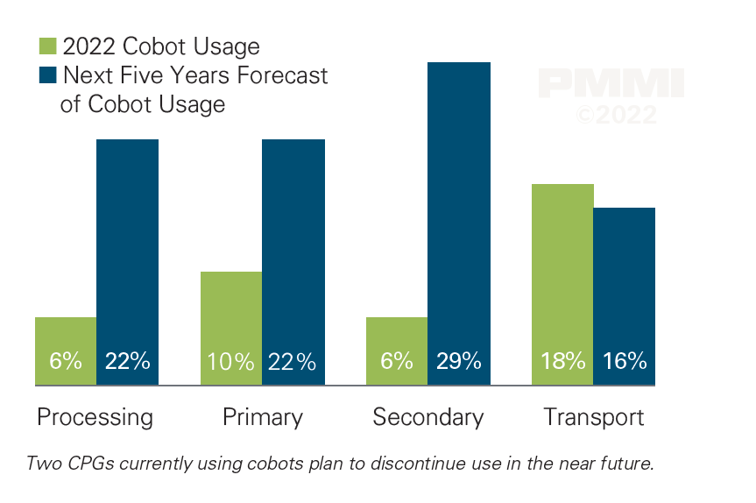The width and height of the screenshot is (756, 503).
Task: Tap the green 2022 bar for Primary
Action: (x=231, y=328)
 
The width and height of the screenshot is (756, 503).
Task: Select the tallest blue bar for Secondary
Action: (x=459, y=223)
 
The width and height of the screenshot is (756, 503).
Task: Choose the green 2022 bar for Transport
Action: (x=562, y=284)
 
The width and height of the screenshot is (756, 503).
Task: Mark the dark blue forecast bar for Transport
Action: (x=625, y=295)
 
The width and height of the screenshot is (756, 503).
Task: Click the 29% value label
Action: (x=459, y=361)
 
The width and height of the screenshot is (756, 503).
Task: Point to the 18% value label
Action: (x=562, y=361)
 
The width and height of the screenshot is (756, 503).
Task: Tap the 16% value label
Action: (x=625, y=361)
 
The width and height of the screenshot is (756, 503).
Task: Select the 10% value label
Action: (x=231, y=361)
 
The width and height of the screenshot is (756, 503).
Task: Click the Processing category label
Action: (x=95, y=417)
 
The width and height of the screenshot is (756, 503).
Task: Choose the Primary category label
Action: (x=262, y=417)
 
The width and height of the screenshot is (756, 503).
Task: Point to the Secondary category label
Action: (x=427, y=417)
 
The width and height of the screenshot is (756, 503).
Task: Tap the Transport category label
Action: (x=594, y=417)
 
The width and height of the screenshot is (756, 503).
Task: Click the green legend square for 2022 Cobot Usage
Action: (x=48, y=46)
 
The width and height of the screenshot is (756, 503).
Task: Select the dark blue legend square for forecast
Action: (x=48, y=75)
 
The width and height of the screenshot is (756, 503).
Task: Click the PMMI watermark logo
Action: (x=611, y=84)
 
